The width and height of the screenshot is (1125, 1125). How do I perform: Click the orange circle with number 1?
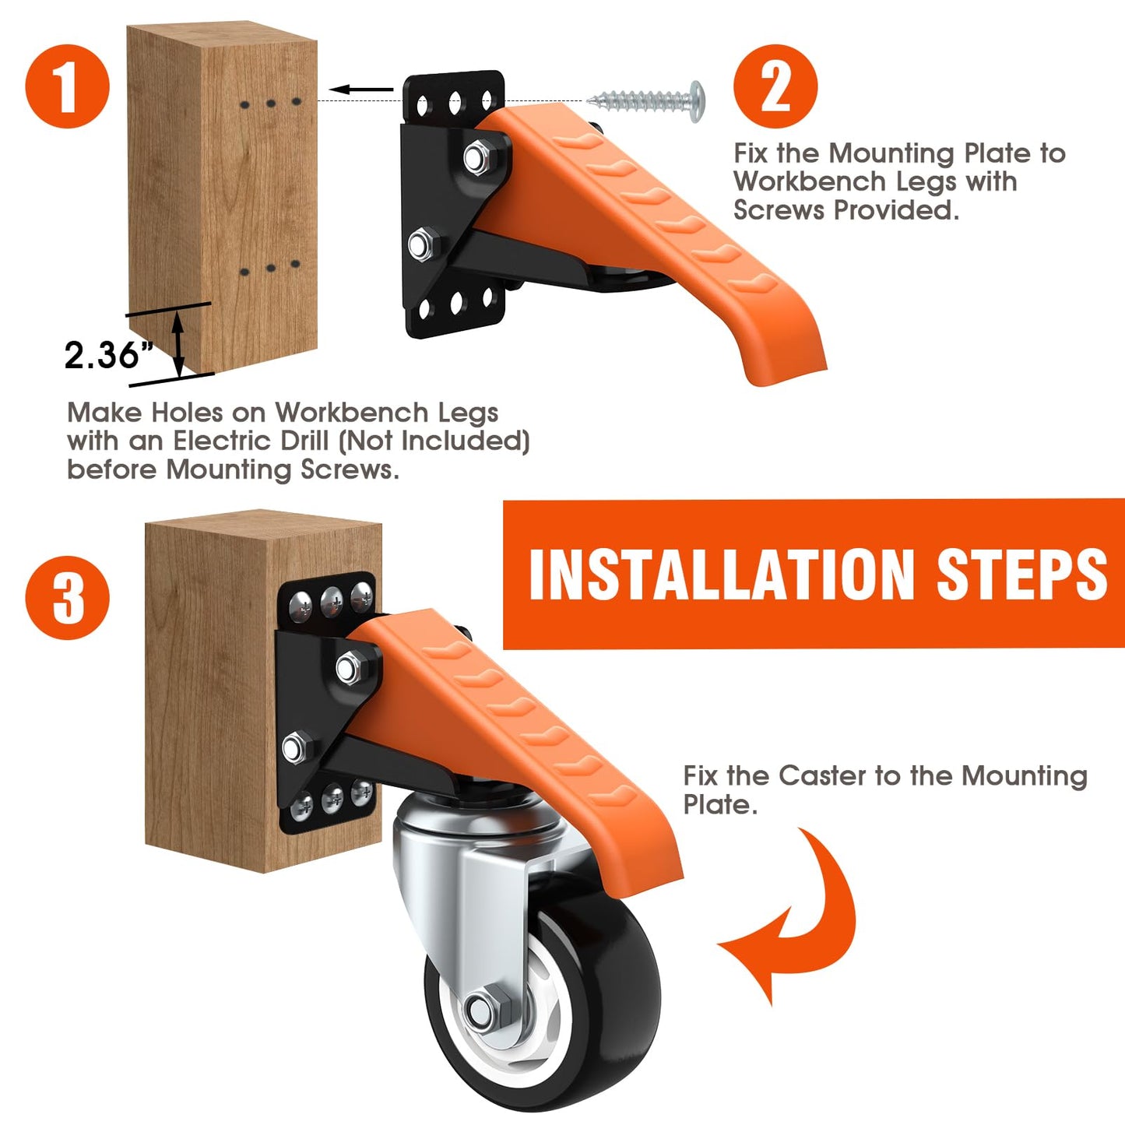(x=68, y=86)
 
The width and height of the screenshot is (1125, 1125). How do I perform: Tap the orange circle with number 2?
(x=775, y=86)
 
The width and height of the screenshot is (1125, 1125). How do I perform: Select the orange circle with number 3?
(x=68, y=598)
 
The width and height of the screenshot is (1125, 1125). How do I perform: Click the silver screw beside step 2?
(x=646, y=100)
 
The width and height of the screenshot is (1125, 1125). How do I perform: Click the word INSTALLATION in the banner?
(x=721, y=575)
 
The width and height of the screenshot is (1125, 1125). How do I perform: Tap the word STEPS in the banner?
(x=1021, y=575)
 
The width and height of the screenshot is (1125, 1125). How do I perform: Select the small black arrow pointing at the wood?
(x=367, y=90)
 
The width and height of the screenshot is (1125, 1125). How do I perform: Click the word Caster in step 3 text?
(x=822, y=775)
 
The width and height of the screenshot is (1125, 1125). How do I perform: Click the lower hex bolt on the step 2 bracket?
(x=421, y=244)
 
